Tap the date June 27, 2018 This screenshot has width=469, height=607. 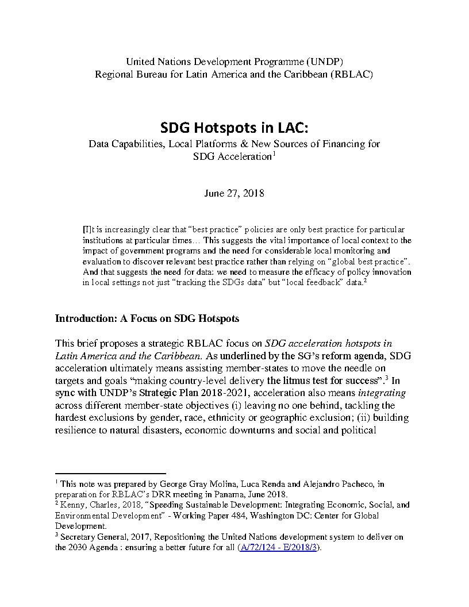tap(234, 193)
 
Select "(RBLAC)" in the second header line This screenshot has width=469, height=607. tap(352, 75)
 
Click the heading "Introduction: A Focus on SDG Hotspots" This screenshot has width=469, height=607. tap(147, 318)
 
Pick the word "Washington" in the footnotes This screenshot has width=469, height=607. tap(262, 515)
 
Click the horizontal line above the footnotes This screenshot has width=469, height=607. tap(110, 474)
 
